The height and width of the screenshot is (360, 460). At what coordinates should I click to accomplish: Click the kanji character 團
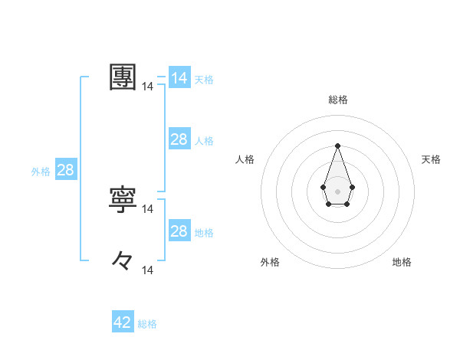point(123,77)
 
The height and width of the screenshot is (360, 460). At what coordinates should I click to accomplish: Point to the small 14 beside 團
point(148,87)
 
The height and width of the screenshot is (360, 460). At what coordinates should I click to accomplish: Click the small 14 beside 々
point(148,270)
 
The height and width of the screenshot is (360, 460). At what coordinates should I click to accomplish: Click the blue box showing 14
point(179,78)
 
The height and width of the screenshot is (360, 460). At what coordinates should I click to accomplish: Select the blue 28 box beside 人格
point(179,139)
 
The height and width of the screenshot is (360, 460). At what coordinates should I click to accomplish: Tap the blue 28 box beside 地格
point(179,231)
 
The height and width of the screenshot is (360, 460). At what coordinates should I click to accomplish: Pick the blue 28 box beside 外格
point(65,170)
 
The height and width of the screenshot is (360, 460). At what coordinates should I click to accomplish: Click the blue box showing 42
point(123,322)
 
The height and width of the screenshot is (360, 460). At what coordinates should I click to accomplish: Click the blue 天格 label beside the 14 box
point(204,79)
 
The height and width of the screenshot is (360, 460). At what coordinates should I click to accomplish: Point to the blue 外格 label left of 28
point(41,172)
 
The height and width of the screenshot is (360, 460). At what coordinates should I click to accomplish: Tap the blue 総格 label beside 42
point(147,324)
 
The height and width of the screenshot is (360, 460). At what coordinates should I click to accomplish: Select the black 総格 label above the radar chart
point(337,100)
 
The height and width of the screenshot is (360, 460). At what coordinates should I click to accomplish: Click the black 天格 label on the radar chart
point(431,159)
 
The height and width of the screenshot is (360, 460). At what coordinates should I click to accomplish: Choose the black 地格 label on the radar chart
point(402,262)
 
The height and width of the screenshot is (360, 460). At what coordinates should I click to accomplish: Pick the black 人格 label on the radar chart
point(245,159)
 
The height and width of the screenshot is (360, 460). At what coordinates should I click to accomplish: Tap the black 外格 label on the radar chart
point(270,262)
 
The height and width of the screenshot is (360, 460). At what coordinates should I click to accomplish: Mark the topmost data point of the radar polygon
point(337,146)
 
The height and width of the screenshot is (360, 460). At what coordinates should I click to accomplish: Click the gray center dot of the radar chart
point(337,191)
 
